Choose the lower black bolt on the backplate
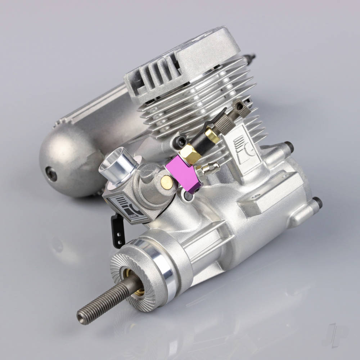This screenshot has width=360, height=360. pos(316,203)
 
